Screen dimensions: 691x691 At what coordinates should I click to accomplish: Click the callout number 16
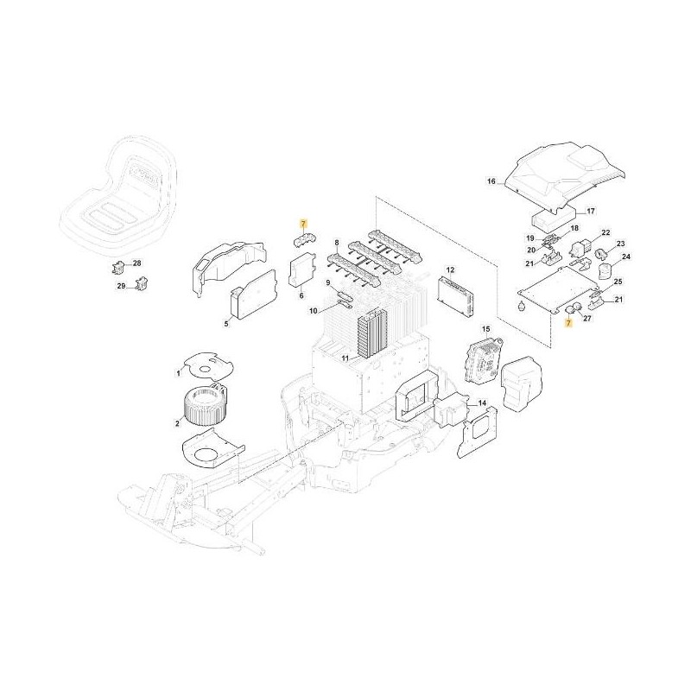491,182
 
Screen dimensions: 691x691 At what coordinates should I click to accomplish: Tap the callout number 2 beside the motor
177,422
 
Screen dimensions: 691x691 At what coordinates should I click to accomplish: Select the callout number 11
343,358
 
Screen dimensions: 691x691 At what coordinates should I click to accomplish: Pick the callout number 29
122,285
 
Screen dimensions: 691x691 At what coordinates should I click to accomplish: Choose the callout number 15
485,329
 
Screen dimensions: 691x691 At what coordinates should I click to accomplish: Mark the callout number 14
481,403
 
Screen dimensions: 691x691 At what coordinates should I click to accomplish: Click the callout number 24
626,257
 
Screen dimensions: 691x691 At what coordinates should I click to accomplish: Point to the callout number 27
587,319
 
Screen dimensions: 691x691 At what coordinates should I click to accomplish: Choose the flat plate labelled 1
208,364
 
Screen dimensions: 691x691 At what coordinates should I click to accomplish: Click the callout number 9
329,282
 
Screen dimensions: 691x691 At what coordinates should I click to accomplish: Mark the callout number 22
605,233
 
